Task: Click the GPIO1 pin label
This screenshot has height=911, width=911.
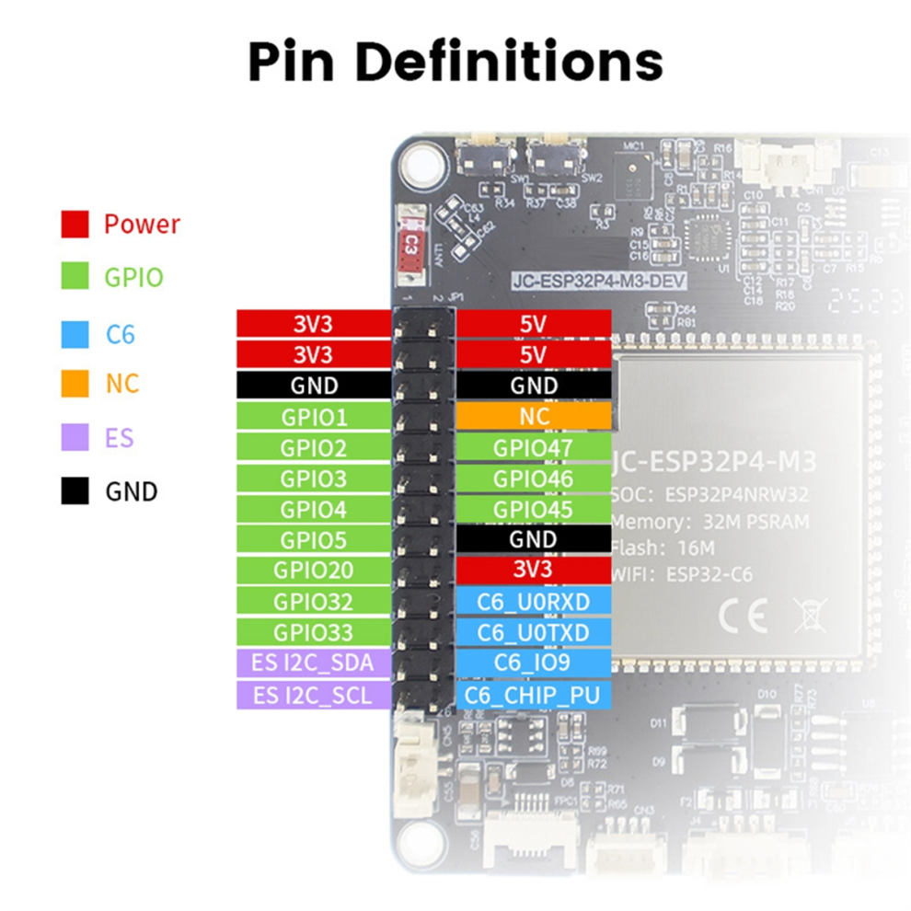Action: [314, 417]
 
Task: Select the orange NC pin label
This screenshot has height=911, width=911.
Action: [534, 417]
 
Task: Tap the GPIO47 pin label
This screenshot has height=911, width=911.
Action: [534, 448]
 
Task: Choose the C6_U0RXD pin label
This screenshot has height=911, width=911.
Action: [534, 602]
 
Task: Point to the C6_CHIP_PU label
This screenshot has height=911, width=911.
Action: [534, 695]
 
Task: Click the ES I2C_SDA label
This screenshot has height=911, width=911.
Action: [314, 663]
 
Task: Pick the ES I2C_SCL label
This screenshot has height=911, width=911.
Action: [314, 695]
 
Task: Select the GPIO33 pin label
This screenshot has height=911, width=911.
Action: [314, 632]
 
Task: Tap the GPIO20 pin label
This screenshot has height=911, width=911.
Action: [314, 571]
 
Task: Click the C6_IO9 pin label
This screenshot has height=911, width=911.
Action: [534, 663]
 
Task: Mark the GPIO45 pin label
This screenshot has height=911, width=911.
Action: [534, 510]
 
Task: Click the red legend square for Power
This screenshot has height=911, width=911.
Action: [75, 224]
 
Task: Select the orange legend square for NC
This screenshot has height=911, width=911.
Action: [75, 384]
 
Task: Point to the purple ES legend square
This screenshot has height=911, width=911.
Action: [75, 437]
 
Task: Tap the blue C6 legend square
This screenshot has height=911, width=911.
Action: [75, 333]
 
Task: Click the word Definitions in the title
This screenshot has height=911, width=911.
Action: [509, 63]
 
